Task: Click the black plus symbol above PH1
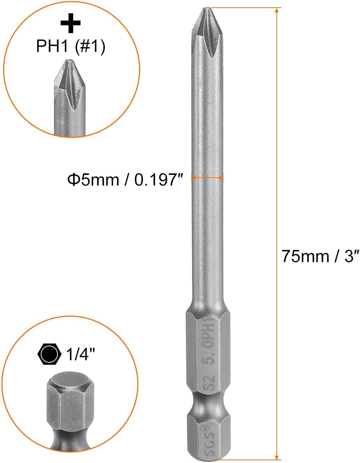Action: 70,23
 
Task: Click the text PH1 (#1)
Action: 70,46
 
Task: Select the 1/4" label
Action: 81,355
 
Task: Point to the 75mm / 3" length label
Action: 320,256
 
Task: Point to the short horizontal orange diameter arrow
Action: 207,178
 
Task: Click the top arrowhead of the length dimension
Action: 277,11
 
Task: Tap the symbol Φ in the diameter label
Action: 74,180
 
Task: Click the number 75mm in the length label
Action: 306,256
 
